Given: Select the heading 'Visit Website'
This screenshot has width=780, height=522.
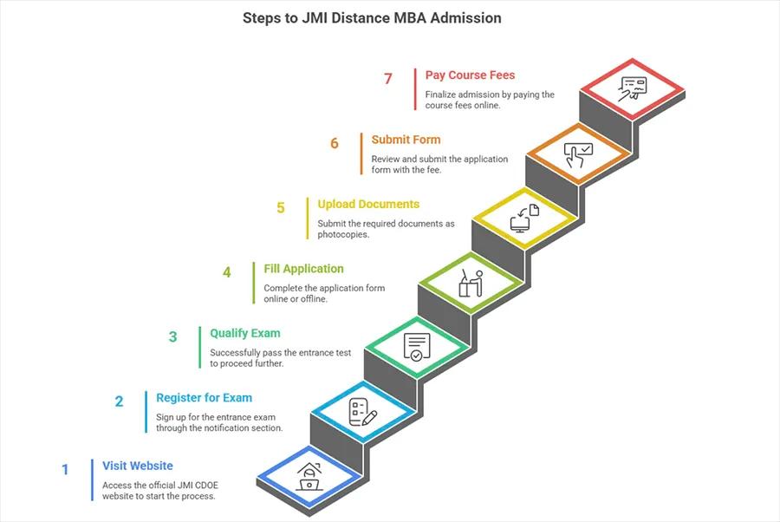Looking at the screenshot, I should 137,466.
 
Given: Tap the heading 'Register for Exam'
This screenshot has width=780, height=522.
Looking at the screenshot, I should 204,398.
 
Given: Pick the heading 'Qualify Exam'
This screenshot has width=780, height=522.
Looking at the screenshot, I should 244,333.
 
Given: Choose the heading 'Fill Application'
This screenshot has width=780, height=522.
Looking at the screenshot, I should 303,269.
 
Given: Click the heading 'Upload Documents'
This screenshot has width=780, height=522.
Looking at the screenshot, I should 368,205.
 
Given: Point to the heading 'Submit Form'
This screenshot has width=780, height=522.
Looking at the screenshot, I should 406,140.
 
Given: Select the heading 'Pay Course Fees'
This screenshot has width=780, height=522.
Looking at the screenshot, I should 470,75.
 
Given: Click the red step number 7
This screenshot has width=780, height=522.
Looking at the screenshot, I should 388,79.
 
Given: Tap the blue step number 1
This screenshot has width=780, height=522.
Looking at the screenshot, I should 65,469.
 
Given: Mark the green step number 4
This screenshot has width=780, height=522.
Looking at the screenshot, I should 226,272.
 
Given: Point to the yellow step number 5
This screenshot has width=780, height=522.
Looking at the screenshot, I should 280,208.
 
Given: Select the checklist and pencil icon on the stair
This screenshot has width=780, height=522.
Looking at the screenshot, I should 362,411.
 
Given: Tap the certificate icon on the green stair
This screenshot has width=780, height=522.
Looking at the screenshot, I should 417,346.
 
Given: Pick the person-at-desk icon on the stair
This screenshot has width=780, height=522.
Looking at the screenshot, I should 471,283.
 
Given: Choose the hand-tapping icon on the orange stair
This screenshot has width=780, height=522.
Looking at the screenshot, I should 578,154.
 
